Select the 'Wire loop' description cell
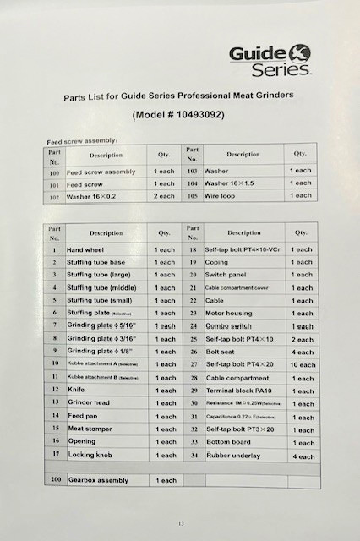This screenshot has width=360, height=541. [x=221, y=195]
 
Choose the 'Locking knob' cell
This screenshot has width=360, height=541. [x=90, y=455]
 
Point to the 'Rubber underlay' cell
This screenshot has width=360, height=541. [x=234, y=456]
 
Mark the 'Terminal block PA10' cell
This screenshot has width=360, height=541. [x=240, y=391]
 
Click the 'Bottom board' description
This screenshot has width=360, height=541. [x=230, y=442]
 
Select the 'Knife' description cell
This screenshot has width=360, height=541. [x=75, y=391]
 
